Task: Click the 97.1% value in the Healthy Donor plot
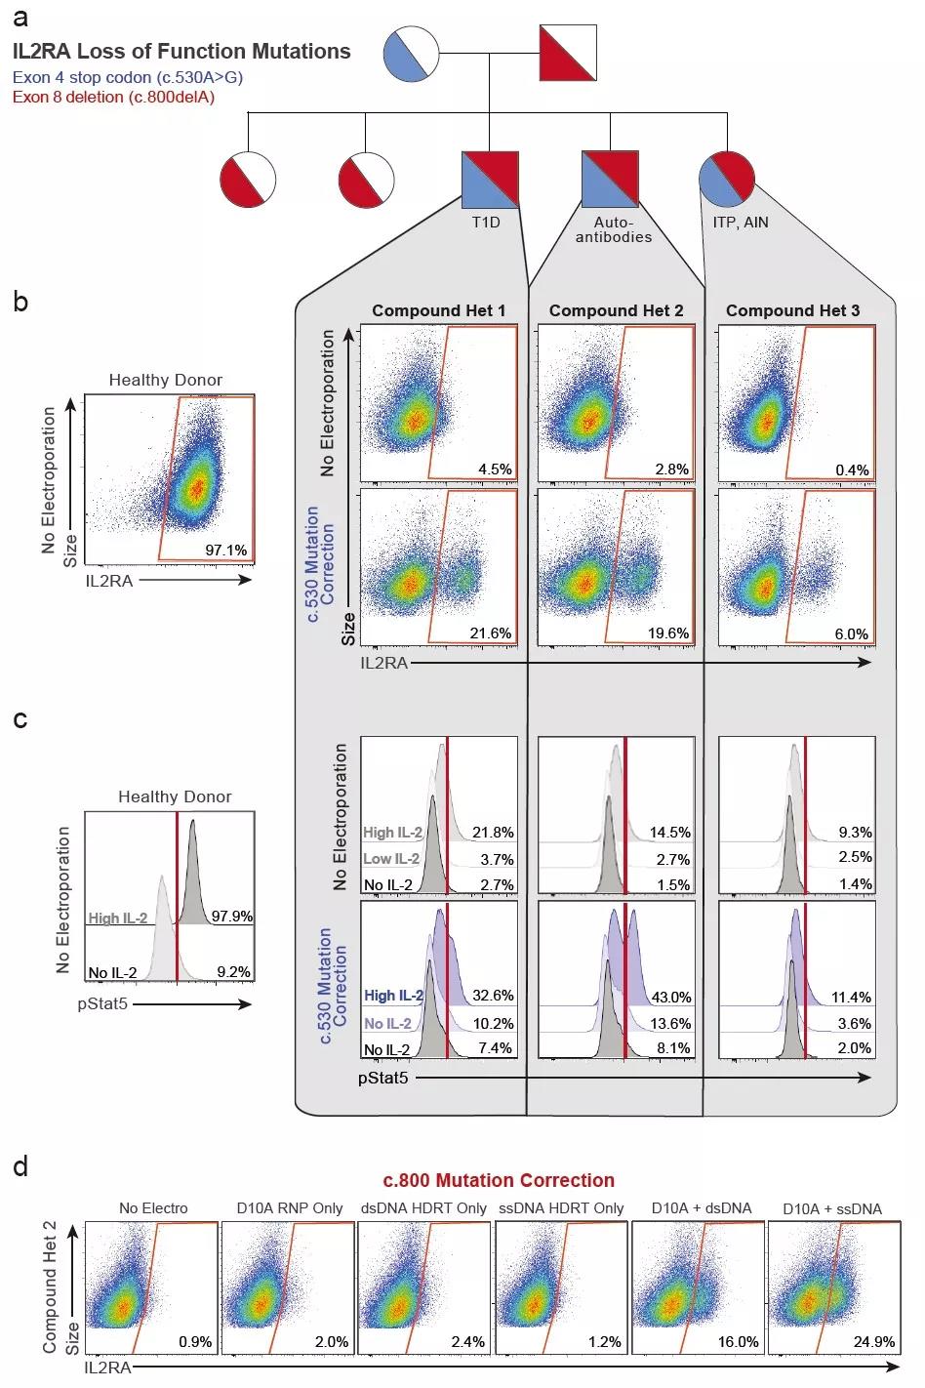tap(225, 551)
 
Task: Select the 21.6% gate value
tap(490, 633)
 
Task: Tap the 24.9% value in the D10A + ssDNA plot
tap(876, 1341)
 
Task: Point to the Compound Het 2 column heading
tap(616, 310)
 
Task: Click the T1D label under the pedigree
tap(486, 223)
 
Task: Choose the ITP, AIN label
tap(741, 223)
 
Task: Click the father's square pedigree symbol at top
tap(568, 53)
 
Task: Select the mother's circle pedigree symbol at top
tap(410, 53)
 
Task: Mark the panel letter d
tap(20, 1167)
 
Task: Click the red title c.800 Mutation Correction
tap(499, 1180)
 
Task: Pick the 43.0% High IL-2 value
tap(670, 997)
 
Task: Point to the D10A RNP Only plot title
tap(290, 1208)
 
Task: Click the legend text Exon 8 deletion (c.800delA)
tap(113, 97)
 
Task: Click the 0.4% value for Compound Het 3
tap(852, 469)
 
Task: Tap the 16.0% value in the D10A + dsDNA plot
tap(739, 1341)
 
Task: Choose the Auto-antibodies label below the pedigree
tap(613, 229)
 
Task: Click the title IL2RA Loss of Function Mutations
tap(182, 52)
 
